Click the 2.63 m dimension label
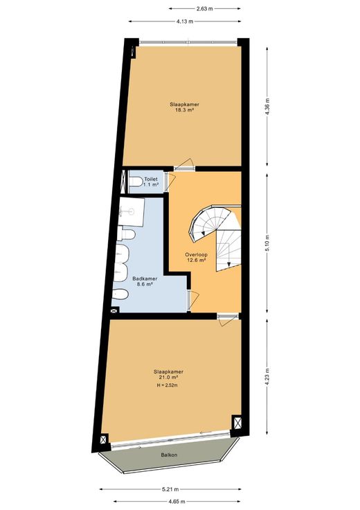tap(205, 9)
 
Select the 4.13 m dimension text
tap(185, 21)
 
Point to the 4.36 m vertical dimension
tap(267, 106)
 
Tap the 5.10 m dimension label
tap(267, 243)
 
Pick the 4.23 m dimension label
tap(267, 377)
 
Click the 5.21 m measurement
tap(170, 489)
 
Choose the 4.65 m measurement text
tap(177, 501)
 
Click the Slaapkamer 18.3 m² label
tap(184, 107)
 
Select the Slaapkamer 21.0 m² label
tap(168, 374)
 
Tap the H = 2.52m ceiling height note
tap(168, 386)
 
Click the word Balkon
tap(169, 455)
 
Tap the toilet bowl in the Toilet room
tap(136, 182)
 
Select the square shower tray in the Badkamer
tap(132, 211)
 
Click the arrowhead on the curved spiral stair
tap(203, 233)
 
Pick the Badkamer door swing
tap(193, 300)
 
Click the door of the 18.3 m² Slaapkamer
tap(185, 165)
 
